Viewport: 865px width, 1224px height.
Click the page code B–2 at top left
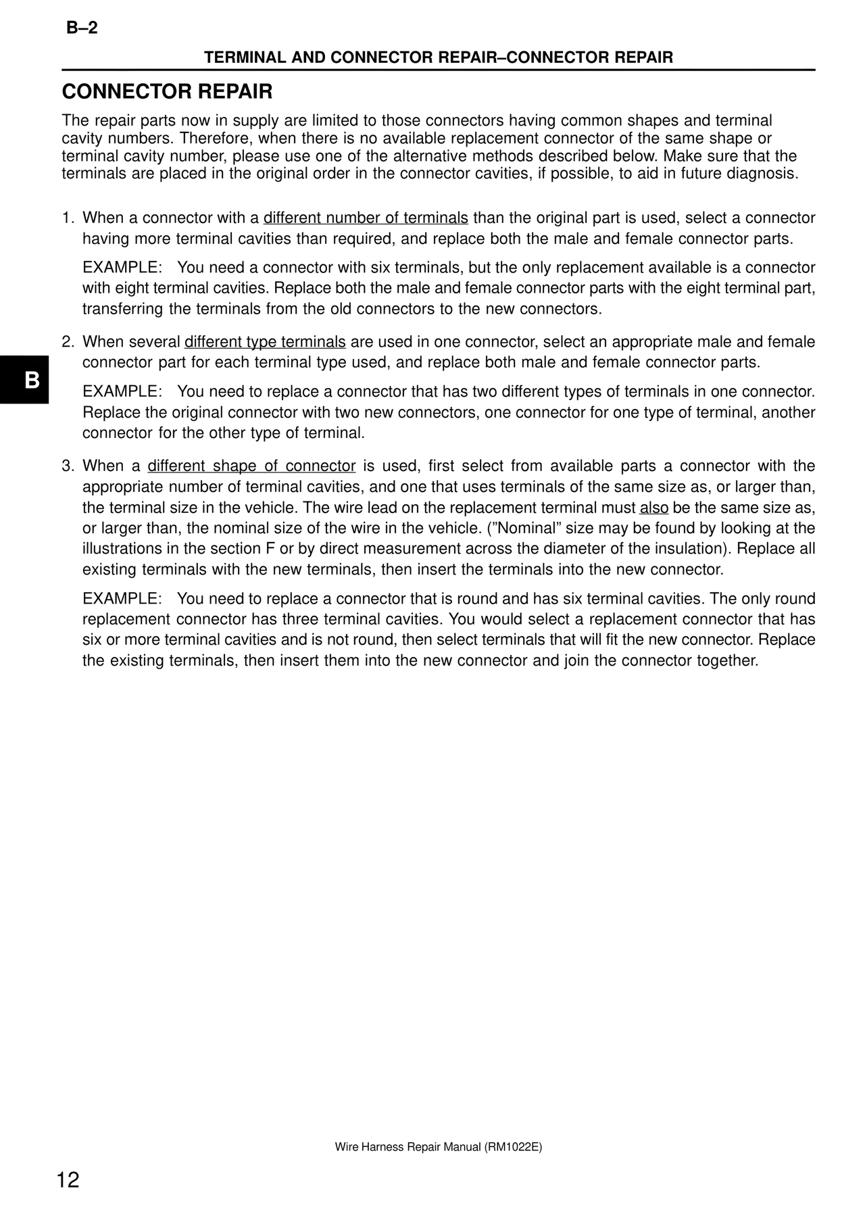pyautogui.click(x=82, y=28)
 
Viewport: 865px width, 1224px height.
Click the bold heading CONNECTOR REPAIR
pyautogui.click(x=167, y=92)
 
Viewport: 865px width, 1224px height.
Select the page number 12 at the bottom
pyautogui.click(x=68, y=1180)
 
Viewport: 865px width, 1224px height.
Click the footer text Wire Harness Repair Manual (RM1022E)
pyautogui.click(x=438, y=1147)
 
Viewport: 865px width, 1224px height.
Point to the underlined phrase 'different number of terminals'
pyautogui.click(x=366, y=218)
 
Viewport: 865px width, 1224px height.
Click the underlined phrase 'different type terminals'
pyautogui.click(x=265, y=342)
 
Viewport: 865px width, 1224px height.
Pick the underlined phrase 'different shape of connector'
pyautogui.click(x=251, y=466)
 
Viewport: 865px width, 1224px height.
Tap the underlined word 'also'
pyautogui.click(x=653, y=508)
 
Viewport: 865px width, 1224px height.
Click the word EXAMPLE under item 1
pyautogui.click(x=122, y=268)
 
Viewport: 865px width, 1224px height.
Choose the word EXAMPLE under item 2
pyautogui.click(x=122, y=392)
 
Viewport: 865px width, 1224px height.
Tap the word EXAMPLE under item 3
pyautogui.click(x=122, y=599)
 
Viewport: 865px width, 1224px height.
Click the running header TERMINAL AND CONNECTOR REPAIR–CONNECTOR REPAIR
pyautogui.click(x=439, y=58)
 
